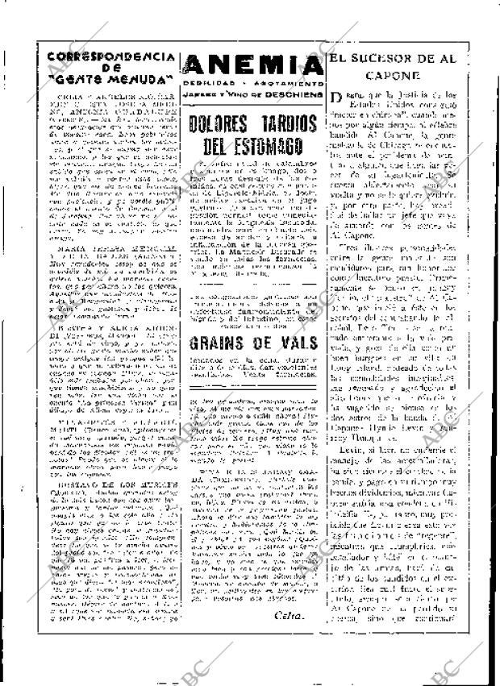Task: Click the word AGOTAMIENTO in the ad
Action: click(x=290, y=83)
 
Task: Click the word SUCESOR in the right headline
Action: click(x=398, y=58)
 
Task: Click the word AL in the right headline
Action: click(x=475, y=58)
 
